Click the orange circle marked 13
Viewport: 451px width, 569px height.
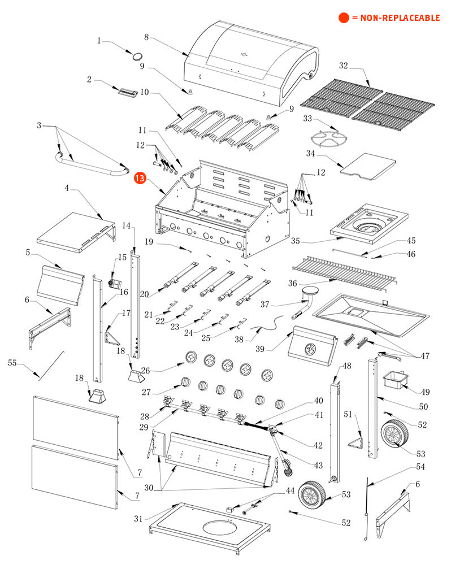coord(140,179)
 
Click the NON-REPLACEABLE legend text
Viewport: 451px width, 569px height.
coord(396,18)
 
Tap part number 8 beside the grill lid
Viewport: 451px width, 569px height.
coord(146,37)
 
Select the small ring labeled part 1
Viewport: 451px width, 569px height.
coord(137,55)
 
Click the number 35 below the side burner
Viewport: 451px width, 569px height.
coord(296,241)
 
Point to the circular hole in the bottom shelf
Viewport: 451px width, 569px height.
coord(225,529)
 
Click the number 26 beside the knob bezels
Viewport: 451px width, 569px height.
coord(145,371)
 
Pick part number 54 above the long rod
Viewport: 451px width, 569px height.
coord(420,467)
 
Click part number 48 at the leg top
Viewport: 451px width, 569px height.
coord(346,366)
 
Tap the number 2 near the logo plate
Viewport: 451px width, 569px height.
coord(89,80)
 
